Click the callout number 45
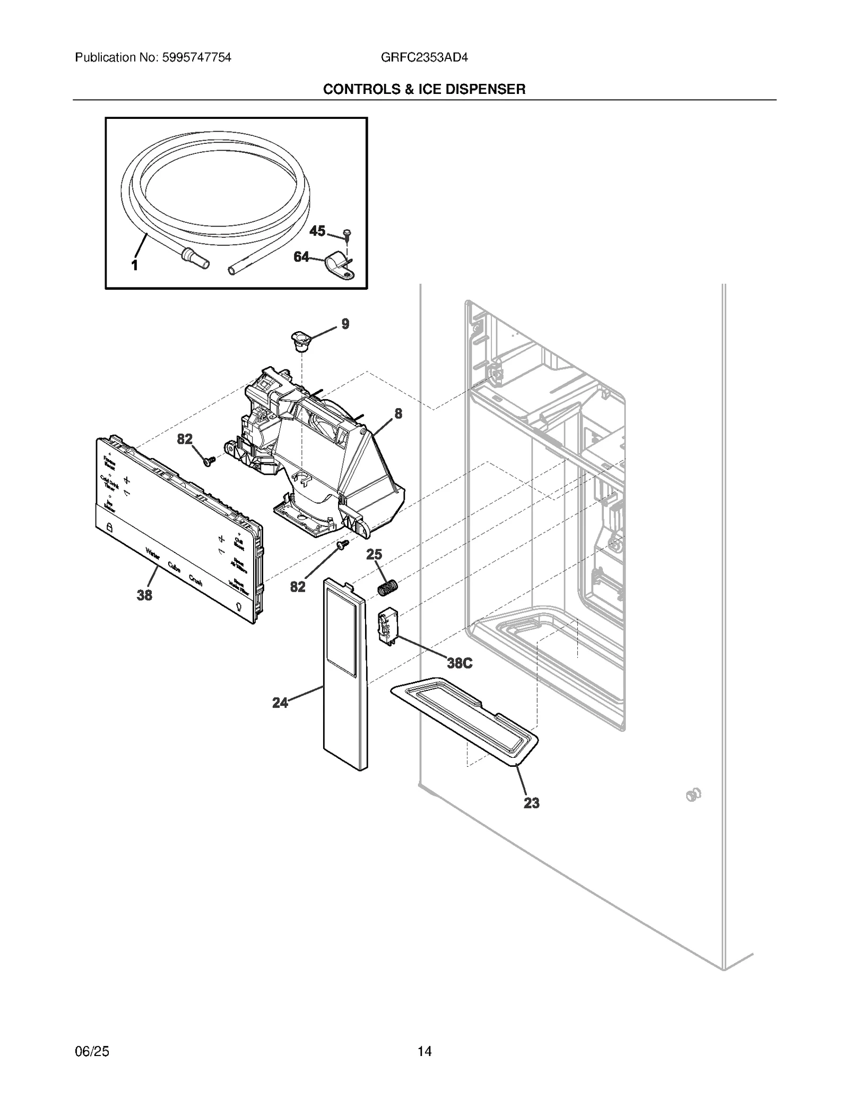pyautogui.click(x=317, y=231)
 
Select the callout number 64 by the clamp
pyautogui.click(x=301, y=257)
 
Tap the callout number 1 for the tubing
pyautogui.click(x=135, y=265)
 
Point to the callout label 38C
pyautogui.click(x=460, y=663)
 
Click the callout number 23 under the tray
pyautogui.click(x=531, y=803)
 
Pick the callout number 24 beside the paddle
pyautogui.click(x=280, y=703)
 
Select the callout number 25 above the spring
pyautogui.click(x=374, y=555)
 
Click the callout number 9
pyautogui.click(x=345, y=324)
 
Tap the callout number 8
pyautogui.click(x=398, y=413)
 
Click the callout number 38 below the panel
pyautogui.click(x=144, y=595)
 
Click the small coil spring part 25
pyautogui.click(x=387, y=588)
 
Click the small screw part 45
pyautogui.click(x=347, y=233)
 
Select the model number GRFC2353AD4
pyautogui.click(x=424, y=57)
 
